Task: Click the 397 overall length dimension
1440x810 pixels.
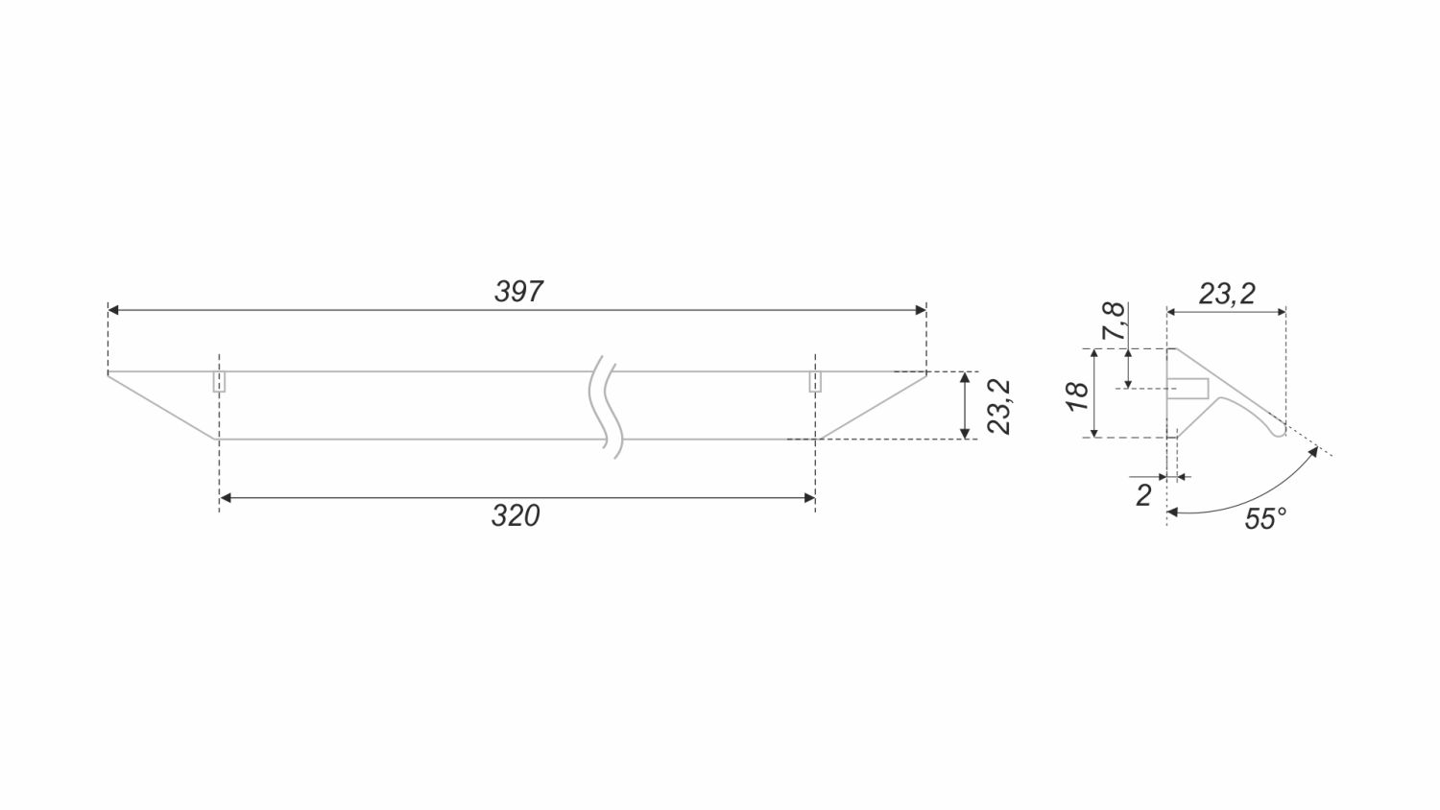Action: point(518,291)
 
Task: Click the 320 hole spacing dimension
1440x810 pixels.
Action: point(516,515)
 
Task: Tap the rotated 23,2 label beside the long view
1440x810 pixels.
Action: point(999,406)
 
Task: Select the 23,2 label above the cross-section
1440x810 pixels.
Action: point(1227,294)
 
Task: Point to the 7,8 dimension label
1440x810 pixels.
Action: point(1114,321)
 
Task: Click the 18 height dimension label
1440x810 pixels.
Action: point(1077,396)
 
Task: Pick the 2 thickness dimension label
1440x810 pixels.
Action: point(1143,495)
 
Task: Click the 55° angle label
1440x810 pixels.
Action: point(1265,519)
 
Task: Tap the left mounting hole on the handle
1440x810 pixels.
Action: point(219,381)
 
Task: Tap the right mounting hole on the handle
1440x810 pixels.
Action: point(815,381)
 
